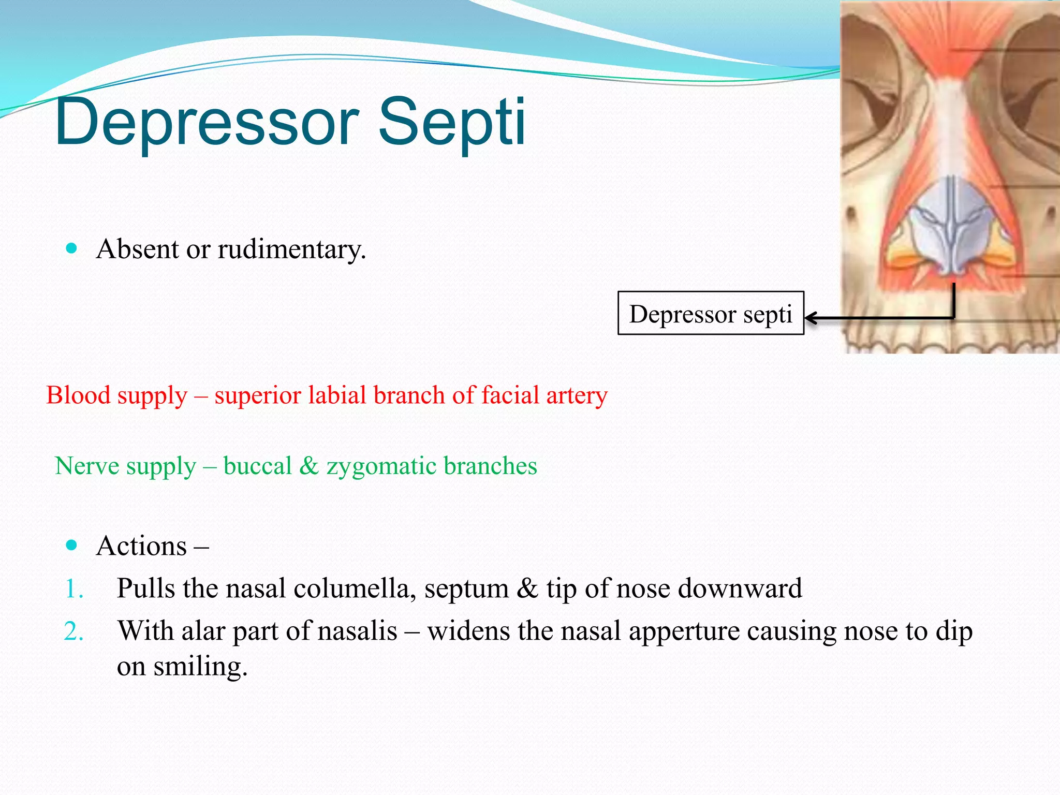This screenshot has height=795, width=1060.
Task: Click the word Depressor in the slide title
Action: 207,123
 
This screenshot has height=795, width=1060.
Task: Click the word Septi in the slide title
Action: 452,123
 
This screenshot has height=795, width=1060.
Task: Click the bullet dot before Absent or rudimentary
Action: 72,248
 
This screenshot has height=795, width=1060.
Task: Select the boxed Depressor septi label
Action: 710,314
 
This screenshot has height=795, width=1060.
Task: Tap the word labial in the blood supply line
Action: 337,395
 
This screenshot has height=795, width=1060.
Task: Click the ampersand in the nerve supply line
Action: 309,465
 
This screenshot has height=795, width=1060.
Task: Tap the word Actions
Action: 141,547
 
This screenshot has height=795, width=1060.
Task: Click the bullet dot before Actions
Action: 72,545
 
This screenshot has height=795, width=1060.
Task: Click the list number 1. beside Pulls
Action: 74,589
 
